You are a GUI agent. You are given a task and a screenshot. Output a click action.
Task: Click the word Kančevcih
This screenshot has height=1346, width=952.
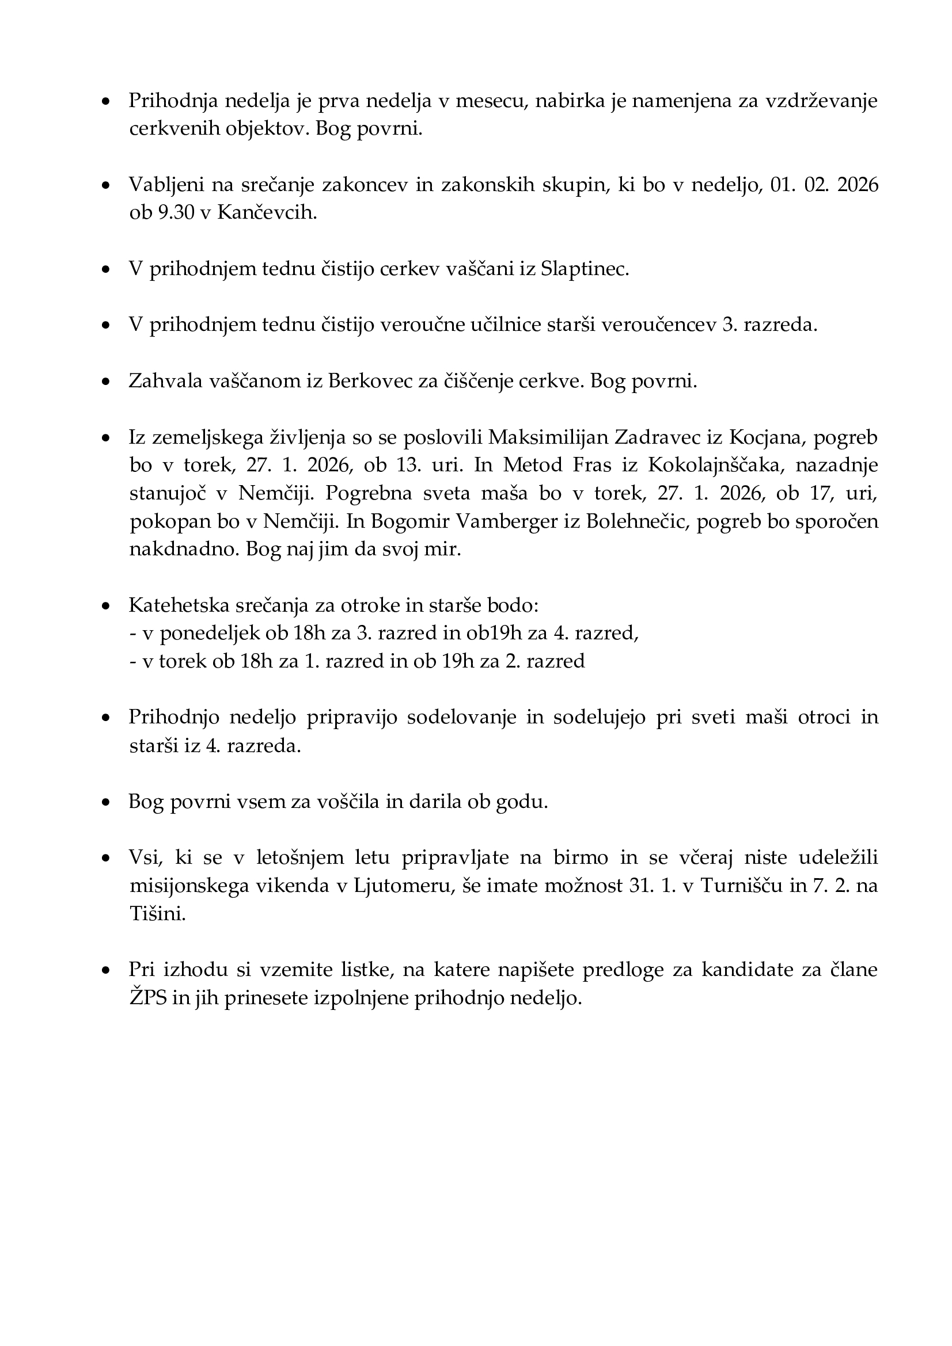[x=267, y=213]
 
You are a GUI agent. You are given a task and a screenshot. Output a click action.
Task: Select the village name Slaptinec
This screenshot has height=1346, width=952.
[x=585, y=269]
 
